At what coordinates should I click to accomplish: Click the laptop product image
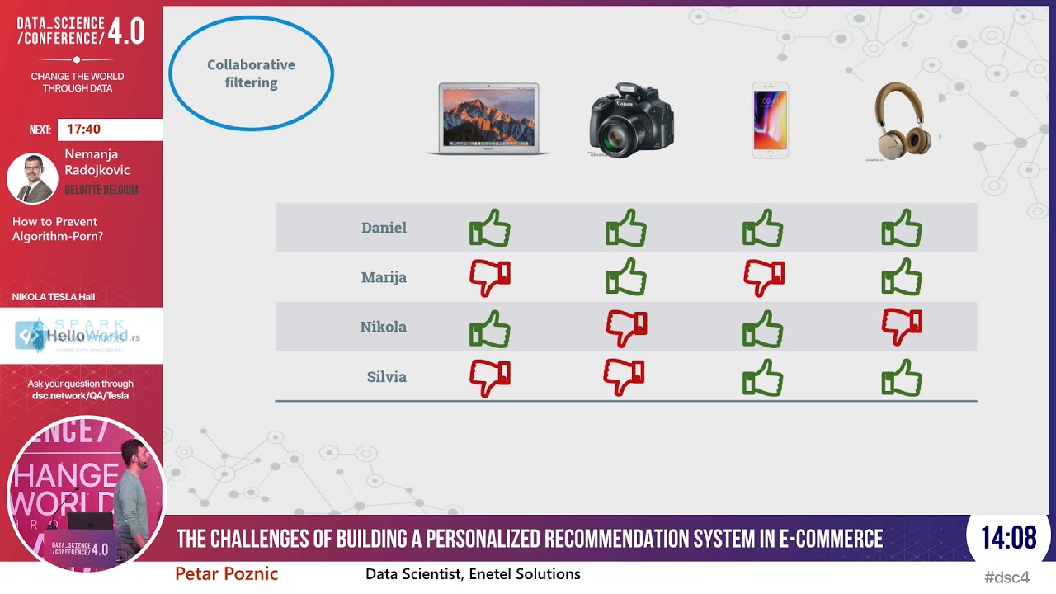click(488, 119)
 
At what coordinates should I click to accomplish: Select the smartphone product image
click(770, 120)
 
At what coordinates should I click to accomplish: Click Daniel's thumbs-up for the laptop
click(490, 228)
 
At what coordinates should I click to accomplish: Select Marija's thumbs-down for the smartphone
click(764, 277)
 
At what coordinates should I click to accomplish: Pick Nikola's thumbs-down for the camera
click(626, 328)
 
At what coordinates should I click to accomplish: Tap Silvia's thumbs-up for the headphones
click(902, 378)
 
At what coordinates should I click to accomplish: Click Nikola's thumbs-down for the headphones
click(902, 327)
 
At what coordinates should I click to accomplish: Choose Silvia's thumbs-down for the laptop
click(490, 378)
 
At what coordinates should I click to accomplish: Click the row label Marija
click(384, 277)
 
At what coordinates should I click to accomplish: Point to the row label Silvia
click(386, 377)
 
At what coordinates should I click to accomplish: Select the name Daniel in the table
click(384, 228)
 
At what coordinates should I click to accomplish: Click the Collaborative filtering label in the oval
click(251, 73)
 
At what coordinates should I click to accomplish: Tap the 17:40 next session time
click(84, 130)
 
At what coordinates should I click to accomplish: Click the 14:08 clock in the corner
click(1008, 539)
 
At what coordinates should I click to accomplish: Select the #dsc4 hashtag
click(1006, 577)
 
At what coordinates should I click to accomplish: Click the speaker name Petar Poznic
click(226, 574)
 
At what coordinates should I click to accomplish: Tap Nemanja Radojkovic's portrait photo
click(32, 178)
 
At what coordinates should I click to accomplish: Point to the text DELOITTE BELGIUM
click(101, 190)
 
